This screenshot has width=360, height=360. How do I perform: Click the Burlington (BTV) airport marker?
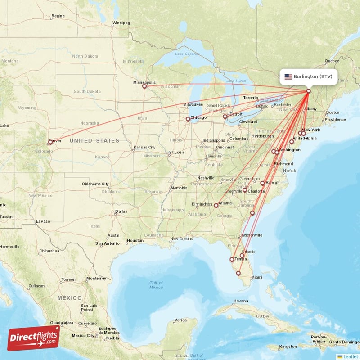[308, 91]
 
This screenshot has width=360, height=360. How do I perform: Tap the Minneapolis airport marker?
[144, 87]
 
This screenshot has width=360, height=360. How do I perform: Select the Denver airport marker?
[50, 142]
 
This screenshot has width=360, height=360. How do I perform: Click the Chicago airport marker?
[188, 119]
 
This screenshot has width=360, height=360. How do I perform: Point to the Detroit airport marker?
[225, 117]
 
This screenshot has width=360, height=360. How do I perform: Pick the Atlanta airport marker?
[216, 206]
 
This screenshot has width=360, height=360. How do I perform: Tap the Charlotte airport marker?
[245, 190]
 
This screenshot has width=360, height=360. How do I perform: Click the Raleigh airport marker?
[262, 183]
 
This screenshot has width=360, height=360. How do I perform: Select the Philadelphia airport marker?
[292, 142]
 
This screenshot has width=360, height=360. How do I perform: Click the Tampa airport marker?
[232, 260]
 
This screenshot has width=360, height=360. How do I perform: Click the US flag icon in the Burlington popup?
[288, 76]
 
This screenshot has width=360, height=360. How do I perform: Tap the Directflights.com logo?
[34, 338]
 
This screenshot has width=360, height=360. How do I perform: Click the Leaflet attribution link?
[350, 356]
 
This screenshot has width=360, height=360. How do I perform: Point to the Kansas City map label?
[144, 148]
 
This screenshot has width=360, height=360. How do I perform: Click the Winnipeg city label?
[121, 22]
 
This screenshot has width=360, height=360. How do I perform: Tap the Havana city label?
[241, 301]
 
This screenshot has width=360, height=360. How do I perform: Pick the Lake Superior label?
[187, 54]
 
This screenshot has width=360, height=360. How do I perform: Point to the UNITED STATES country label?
[94, 141]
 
